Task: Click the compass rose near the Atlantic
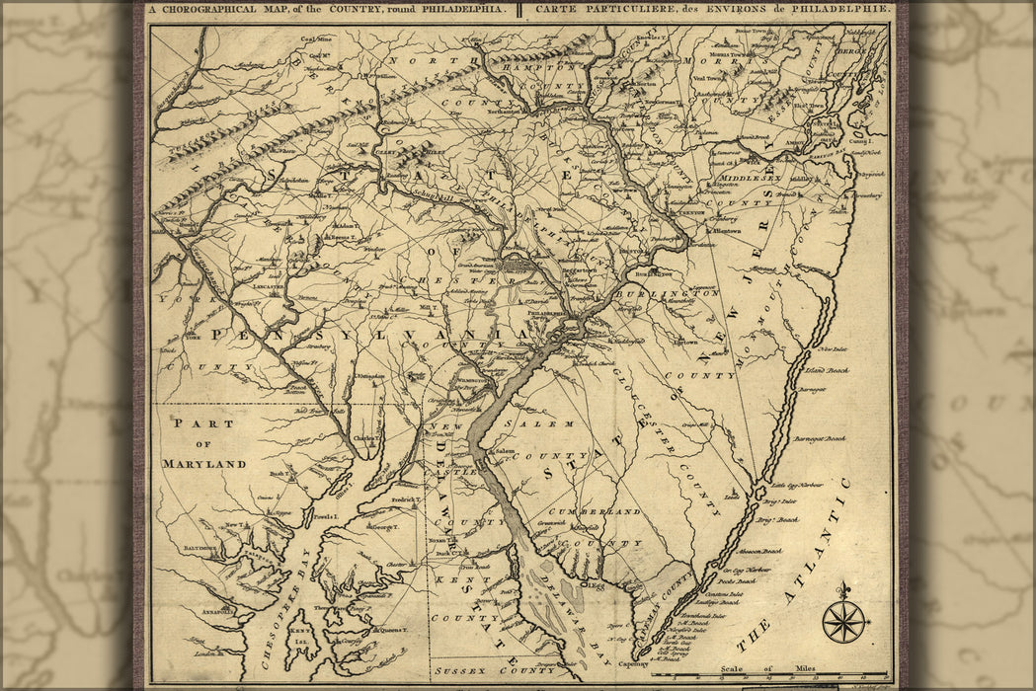click(x=843, y=621)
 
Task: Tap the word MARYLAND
click(x=204, y=463)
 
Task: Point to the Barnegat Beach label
click(x=822, y=438)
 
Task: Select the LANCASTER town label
click(x=268, y=287)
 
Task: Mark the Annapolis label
click(x=218, y=612)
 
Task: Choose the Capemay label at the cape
click(x=633, y=664)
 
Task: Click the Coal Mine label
click(x=316, y=39)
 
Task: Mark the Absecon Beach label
click(x=759, y=551)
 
